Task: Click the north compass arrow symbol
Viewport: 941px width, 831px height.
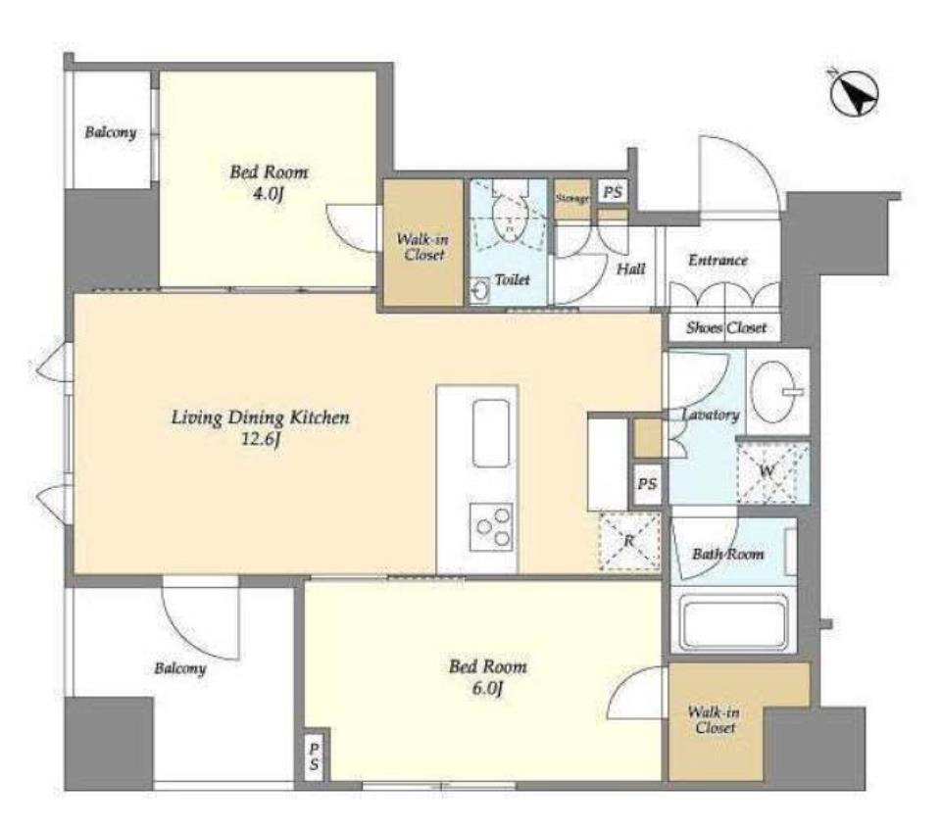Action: (x=855, y=94)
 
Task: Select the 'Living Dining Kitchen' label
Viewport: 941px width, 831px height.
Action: (x=261, y=417)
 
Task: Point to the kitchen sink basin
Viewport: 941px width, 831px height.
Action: (x=491, y=432)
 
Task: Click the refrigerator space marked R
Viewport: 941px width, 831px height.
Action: (x=629, y=541)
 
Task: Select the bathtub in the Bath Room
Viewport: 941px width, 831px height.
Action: (x=733, y=623)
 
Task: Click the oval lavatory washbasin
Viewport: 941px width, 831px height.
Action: (x=776, y=391)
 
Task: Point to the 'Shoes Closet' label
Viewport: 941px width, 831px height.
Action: (x=726, y=327)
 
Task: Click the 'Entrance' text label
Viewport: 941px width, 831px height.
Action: (x=718, y=261)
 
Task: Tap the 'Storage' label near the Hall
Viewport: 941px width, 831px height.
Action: (x=571, y=198)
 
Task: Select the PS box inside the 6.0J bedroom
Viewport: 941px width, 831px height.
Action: (x=315, y=757)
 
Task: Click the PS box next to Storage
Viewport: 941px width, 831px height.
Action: (x=612, y=193)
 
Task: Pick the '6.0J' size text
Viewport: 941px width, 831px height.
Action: (x=487, y=689)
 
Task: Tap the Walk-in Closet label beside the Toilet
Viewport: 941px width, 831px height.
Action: (x=423, y=247)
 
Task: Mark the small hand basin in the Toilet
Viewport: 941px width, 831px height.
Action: (x=479, y=291)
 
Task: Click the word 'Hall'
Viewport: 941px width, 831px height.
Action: (x=630, y=269)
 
